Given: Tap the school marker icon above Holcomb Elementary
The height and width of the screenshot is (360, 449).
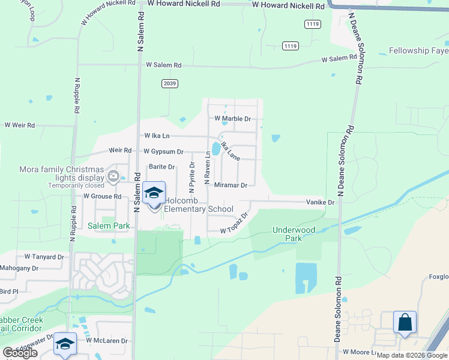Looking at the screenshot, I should pos(154,193).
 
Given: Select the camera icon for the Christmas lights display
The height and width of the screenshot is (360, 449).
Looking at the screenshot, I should pos(113,176).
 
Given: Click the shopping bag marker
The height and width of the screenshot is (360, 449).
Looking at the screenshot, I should pos(405,323).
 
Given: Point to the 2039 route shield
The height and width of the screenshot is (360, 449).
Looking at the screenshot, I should pos(170,84).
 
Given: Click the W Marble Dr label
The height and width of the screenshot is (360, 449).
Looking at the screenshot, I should pos(234,119).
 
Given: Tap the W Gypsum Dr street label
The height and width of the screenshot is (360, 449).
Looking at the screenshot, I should pos(163,152).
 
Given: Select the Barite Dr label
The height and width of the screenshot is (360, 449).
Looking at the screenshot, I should pos(162,167).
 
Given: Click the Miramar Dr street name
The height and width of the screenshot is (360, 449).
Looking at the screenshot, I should pos(231,185).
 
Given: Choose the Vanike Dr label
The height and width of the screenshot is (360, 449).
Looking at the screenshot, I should pos(320,203).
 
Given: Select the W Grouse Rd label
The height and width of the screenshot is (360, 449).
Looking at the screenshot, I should pos(103,196).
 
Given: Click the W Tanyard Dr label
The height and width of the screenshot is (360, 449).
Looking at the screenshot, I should pos(44,257).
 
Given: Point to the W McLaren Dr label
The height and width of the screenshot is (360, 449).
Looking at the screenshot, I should pos(107,340).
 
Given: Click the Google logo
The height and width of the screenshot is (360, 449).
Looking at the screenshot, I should pos(20,353).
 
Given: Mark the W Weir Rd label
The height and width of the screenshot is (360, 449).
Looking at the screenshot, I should pos(20,125).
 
